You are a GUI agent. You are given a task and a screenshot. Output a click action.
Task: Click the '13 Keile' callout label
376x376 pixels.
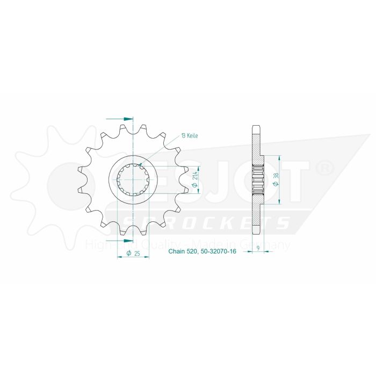190,136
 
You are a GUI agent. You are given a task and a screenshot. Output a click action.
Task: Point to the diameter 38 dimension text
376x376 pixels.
275,180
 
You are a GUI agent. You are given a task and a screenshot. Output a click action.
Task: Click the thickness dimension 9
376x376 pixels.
259,248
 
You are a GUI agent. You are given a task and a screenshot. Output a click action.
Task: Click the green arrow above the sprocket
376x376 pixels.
127,118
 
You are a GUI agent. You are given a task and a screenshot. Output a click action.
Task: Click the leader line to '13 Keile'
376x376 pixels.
161,151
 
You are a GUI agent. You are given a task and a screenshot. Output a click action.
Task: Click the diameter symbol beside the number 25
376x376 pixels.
129,254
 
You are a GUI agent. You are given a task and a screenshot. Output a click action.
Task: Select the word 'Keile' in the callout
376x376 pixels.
192,136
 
